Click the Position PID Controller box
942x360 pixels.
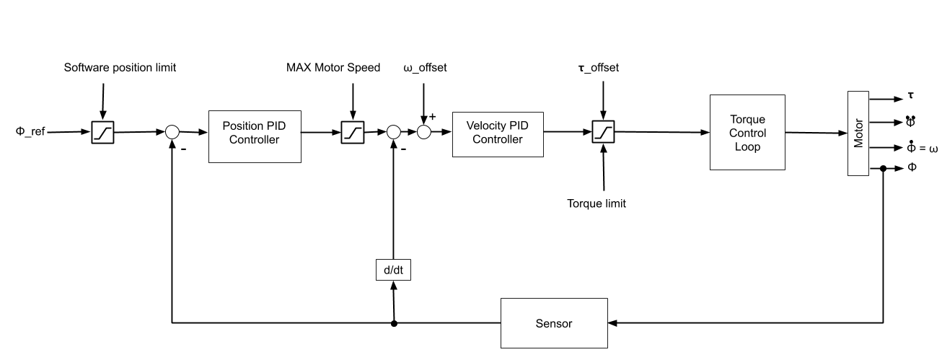pos(255,133)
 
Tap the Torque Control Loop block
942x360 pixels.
pos(747,133)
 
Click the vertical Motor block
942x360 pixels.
pos(858,133)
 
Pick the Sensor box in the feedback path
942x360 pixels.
pos(554,323)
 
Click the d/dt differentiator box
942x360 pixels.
pos(393,270)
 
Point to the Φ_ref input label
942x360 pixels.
pos(32,133)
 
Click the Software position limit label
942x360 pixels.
pos(120,68)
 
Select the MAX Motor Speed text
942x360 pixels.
pos(333,68)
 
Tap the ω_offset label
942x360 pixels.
pos(426,68)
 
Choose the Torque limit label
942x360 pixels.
pos(597,203)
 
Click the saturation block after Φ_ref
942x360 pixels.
pos(102,133)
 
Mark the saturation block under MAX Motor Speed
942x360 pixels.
pos(352,133)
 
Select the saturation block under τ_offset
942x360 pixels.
pos(602,133)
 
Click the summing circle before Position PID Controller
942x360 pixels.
pos(172,132)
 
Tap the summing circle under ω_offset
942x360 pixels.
pos(423,132)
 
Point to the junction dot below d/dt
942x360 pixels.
pos(393,323)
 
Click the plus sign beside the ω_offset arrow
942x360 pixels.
pos(432,117)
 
